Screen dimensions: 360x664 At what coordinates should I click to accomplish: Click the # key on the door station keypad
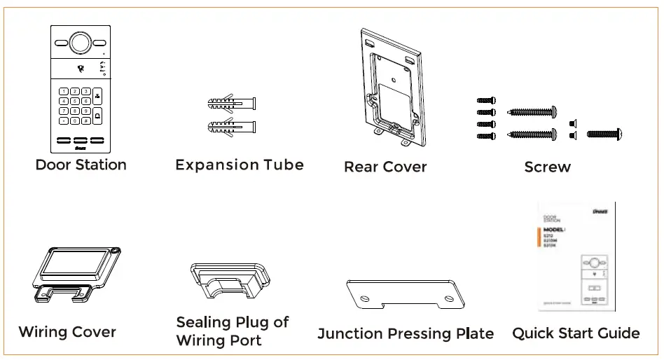(x=85, y=120)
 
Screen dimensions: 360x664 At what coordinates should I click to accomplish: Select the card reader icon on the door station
(x=81, y=68)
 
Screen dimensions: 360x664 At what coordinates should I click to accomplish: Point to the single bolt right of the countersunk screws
(x=603, y=133)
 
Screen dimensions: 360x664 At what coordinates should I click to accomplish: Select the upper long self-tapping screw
(x=531, y=111)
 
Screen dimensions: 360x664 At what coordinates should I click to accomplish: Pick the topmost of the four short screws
(x=485, y=102)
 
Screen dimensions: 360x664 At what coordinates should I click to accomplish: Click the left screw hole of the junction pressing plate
(x=364, y=298)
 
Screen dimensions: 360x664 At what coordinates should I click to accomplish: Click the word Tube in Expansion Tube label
(x=284, y=165)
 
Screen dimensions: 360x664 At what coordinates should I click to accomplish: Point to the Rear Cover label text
(x=385, y=167)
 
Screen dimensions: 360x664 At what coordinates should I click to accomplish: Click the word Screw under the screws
(x=547, y=167)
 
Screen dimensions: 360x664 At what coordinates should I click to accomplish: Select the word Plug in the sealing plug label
(x=251, y=323)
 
